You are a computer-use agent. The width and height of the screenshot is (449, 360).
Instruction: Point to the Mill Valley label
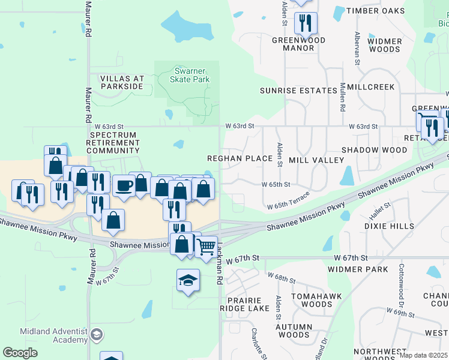click(316, 160)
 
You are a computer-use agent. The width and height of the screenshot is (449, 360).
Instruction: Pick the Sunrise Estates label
click(298, 91)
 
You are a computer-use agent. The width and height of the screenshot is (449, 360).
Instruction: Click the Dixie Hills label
click(389, 226)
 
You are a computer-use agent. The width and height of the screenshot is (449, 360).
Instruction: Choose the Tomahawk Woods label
click(312, 300)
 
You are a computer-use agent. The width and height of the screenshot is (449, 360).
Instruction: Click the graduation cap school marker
click(188, 279)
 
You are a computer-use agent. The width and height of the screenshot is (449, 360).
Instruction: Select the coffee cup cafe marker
click(124, 186)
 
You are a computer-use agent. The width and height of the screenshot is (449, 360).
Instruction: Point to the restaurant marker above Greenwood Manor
click(306, 23)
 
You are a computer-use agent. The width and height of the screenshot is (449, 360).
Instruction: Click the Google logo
click(20, 353)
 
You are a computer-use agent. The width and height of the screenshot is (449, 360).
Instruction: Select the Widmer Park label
click(358, 269)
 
